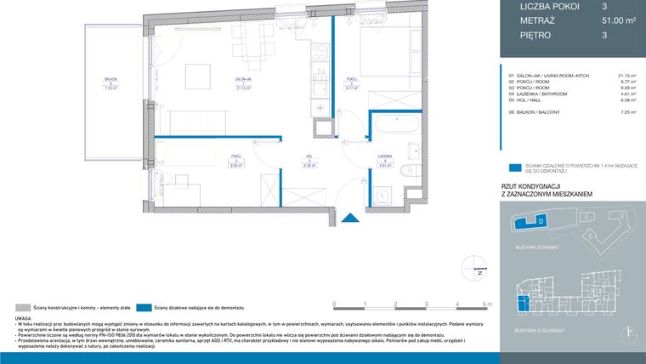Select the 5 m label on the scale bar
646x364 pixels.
pyautogui.click(x=486, y=304)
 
